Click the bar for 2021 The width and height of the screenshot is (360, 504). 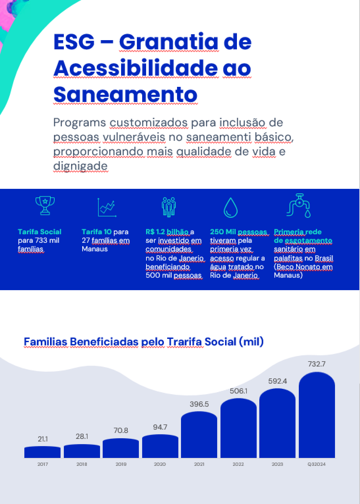pyautogui.click(x=199, y=435)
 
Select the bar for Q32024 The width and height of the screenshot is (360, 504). pyautogui.click(x=317, y=415)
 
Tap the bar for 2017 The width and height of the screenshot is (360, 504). pyautogui.click(x=42, y=452)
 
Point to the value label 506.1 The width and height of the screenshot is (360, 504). pyautogui.click(x=239, y=391)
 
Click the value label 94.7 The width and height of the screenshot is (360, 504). pyautogui.click(x=160, y=427)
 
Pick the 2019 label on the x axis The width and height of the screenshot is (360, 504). pyautogui.click(x=121, y=464)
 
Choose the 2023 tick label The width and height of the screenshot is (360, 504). pyautogui.click(x=277, y=464)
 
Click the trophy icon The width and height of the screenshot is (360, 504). pyautogui.click(x=45, y=206)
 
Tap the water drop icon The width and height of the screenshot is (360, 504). pyautogui.click(x=231, y=208)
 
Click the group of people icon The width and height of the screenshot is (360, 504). pyautogui.click(x=169, y=207)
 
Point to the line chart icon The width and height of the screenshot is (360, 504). pyautogui.click(x=107, y=207)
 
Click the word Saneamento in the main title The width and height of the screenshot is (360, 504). pyautogui.click(x=126, y=94)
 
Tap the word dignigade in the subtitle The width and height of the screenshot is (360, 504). pyautogui.click(x=81, y=166)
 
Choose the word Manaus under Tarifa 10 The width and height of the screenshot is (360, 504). pyautogui.click(x=95, y=249)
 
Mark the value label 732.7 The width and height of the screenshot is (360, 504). pyautogui.click(x=317, y=364)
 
